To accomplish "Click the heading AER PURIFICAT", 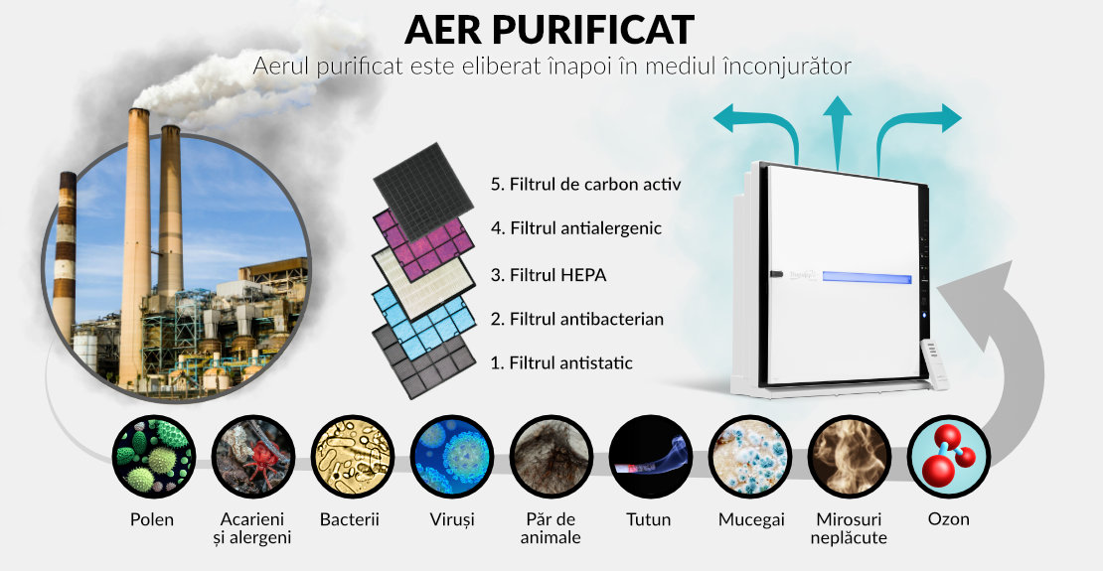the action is [x=550, y=30].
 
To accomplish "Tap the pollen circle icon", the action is [x=154, y=457].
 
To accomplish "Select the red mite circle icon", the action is [x=253, y=457].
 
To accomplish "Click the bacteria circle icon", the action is [x=353, y=457].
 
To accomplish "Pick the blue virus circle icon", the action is [x=451, y=457].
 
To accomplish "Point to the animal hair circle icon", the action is [x=551, y=457].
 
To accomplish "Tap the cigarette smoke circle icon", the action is [x=651, y=457].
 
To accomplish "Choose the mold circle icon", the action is [x=750, y=457].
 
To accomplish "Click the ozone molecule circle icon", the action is [x=948, y=457].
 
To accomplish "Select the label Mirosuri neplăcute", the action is [x=849, y=529].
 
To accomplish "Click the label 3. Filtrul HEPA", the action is [x=548, y=275].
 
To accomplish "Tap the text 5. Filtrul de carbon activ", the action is [x=586, y=185].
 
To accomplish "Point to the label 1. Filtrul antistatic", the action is [x=561, y=363].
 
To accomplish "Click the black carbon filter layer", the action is [x=422, y=183].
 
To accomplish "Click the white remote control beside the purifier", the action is [x=936, y=364].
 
